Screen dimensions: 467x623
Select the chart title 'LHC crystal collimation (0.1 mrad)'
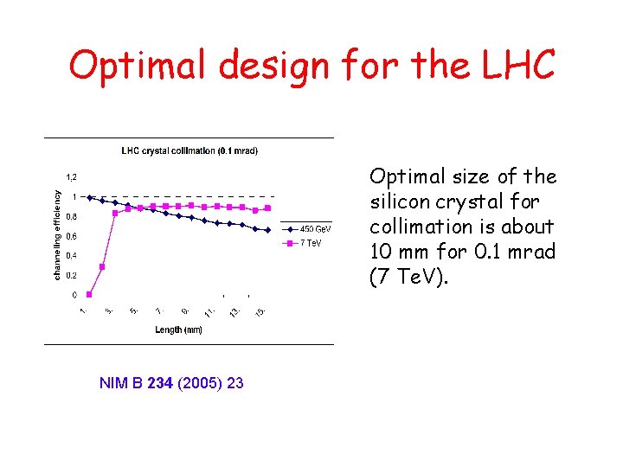point(189,150)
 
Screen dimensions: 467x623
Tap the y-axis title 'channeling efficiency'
point(58,235)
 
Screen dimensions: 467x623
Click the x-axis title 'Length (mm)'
point(179,329)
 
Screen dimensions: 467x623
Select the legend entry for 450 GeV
point(315,229)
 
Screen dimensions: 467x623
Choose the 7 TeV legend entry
point(311,243)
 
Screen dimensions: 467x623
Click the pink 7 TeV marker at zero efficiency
point(89,294)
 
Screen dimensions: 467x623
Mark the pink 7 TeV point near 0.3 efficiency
point(102,266)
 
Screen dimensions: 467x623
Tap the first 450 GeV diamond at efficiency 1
point(89,196)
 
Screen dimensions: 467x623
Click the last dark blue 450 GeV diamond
point(268,230)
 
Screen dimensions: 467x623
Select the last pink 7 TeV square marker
point(268,208)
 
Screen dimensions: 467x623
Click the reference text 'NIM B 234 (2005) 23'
point(171,383)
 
